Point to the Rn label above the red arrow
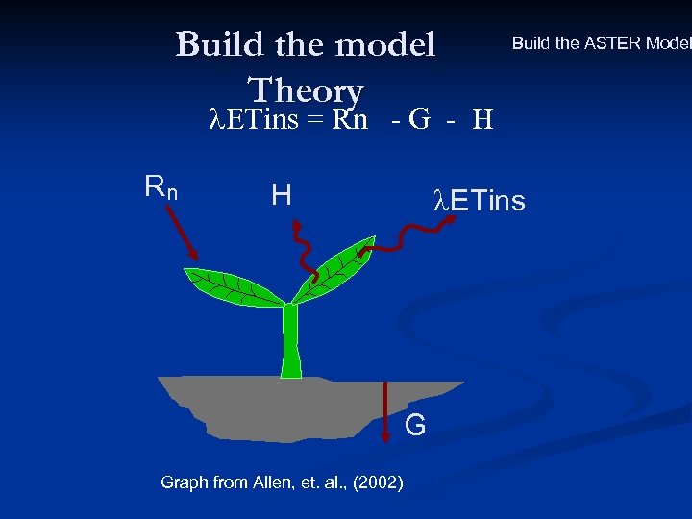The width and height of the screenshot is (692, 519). tap(161, 185)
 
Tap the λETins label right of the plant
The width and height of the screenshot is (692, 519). tap(480, 201)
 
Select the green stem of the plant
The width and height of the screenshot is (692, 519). tap(290, 341)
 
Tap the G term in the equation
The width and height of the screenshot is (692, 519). tap(418, 120)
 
